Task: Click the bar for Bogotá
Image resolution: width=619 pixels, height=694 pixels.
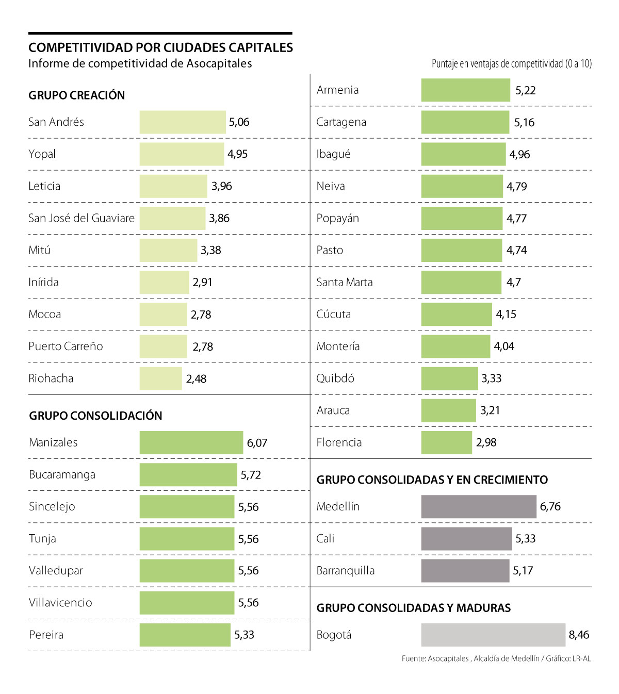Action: click(493, 635)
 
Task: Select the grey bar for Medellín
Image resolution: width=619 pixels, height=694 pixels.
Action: click(478, 506)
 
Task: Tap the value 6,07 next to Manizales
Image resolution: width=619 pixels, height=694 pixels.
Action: click(257, 443)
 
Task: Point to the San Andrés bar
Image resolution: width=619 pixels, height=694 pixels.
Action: click(182, 122)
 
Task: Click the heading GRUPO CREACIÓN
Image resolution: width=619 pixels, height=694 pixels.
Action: click(76, 95)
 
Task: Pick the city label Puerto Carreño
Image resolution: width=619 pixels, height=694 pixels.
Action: click(66, 346)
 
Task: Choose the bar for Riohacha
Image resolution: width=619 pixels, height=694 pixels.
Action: click(160, 378)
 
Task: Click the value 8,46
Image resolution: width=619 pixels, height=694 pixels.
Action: click(579, 635)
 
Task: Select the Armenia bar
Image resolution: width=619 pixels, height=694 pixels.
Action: click(465, 90)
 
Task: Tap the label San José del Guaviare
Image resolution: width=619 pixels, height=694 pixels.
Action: click(81, 218)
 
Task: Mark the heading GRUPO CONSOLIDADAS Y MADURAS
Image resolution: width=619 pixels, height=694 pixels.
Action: click(413, 608)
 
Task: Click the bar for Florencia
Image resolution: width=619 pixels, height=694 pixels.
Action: click(446, 442)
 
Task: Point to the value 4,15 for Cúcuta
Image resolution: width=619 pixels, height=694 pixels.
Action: click(506, 314)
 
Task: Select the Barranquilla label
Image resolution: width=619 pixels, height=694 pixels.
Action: click(345, 571)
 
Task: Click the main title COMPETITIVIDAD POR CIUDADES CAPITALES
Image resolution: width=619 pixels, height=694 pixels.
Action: click(160, 47)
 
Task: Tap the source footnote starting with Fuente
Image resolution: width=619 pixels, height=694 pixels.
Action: click(496, 658)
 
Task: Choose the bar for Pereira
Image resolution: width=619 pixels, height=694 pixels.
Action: click(185, 635)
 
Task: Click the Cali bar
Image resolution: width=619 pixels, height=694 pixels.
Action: click(466, 539)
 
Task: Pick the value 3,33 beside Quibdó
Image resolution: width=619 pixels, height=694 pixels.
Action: click(491, 378)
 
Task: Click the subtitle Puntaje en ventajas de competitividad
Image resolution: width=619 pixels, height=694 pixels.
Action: click(511, 64)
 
